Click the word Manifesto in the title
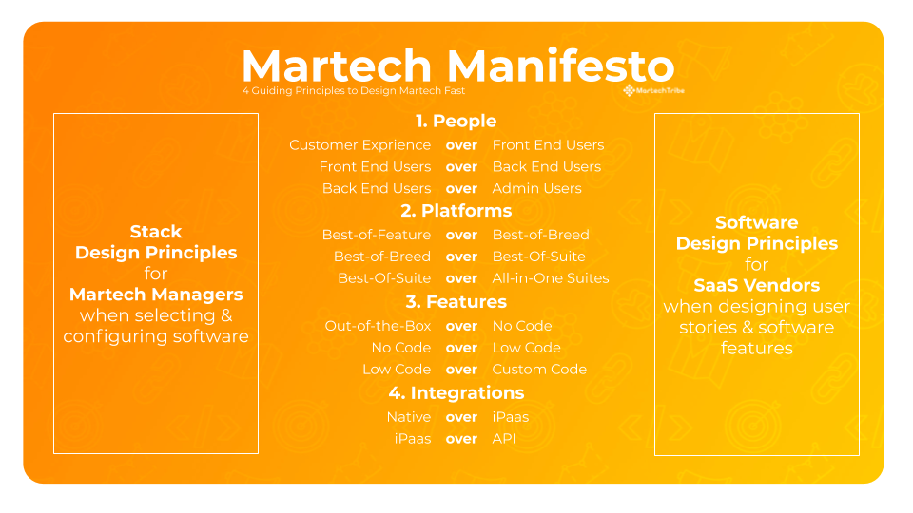point(560,66)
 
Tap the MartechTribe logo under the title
point(653,91)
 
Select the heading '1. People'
point(456,121)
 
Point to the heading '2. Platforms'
point(456,211)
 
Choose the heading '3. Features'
point(456,302)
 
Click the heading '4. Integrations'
point(456,392)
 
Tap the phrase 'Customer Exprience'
point(359,145)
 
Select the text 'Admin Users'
point(536,188)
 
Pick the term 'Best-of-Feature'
point(377,235)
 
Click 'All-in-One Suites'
point(551,278)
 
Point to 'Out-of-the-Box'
point(378,326)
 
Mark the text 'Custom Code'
point(539,370)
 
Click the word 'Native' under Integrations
point(408,417)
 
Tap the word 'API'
point(504,439)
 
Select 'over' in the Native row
point(461,417)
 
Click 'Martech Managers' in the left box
point(156,294)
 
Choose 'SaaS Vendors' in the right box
point(756,285)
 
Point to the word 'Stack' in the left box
point(156,232)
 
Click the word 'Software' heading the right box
point(756,223)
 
